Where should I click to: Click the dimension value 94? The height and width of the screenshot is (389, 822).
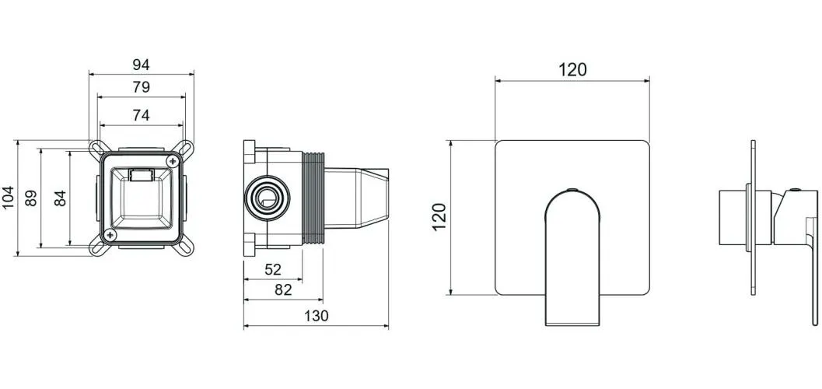click(141, 65)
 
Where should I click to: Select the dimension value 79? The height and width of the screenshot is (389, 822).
click(141, 87)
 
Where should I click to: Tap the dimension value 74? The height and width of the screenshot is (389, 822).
click(141, 115)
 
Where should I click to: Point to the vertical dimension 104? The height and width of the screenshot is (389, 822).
click(9, 198)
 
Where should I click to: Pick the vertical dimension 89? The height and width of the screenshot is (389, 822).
click(31, 198)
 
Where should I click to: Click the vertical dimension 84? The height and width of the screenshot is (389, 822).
click(61, 198)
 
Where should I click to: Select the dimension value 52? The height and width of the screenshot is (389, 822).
click(273, 269)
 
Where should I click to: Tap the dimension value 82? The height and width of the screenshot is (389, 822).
click(283, 290)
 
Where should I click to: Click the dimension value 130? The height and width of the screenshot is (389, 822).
click(316, 316)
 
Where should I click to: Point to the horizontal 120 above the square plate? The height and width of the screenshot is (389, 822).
click(572, 70)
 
